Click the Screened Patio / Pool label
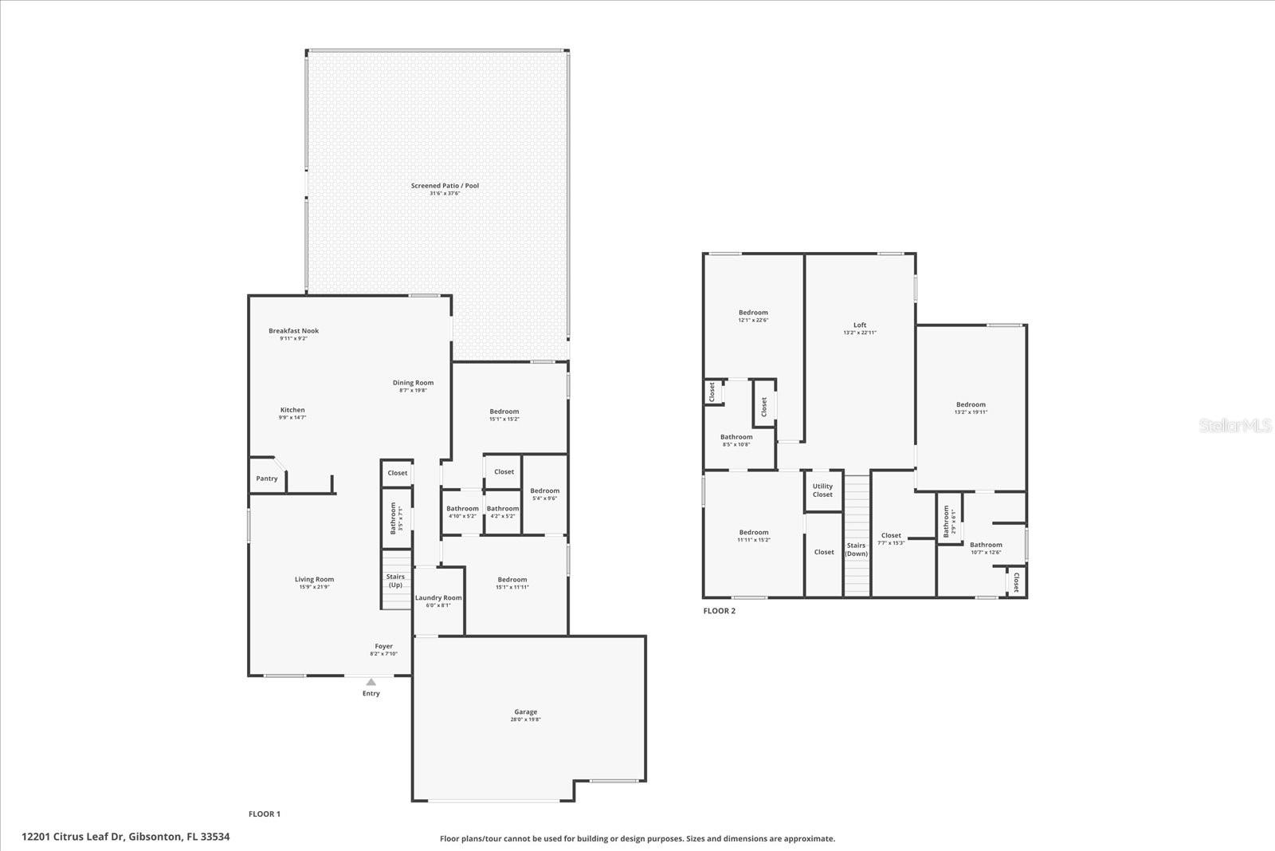pos(445,186)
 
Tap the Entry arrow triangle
pos(371,682)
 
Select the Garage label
pos(525,712)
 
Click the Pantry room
pos(267,479)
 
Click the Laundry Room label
pos(438,598)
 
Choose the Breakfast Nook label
pos(293,331)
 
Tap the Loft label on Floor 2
pos(860,325)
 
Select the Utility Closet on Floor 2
pos(822,491)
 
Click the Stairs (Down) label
pos(857,550)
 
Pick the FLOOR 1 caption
pos(265,814)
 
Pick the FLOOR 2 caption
pos(720,611)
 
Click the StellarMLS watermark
pos(1235,427)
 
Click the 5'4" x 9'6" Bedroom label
pos(545,491)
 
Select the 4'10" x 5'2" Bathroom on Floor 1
pos(462,509)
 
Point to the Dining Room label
pos(413,383)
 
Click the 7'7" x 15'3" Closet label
pos(891,536)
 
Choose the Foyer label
pos(384,647)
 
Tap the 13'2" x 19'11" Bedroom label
pos(971,405)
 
